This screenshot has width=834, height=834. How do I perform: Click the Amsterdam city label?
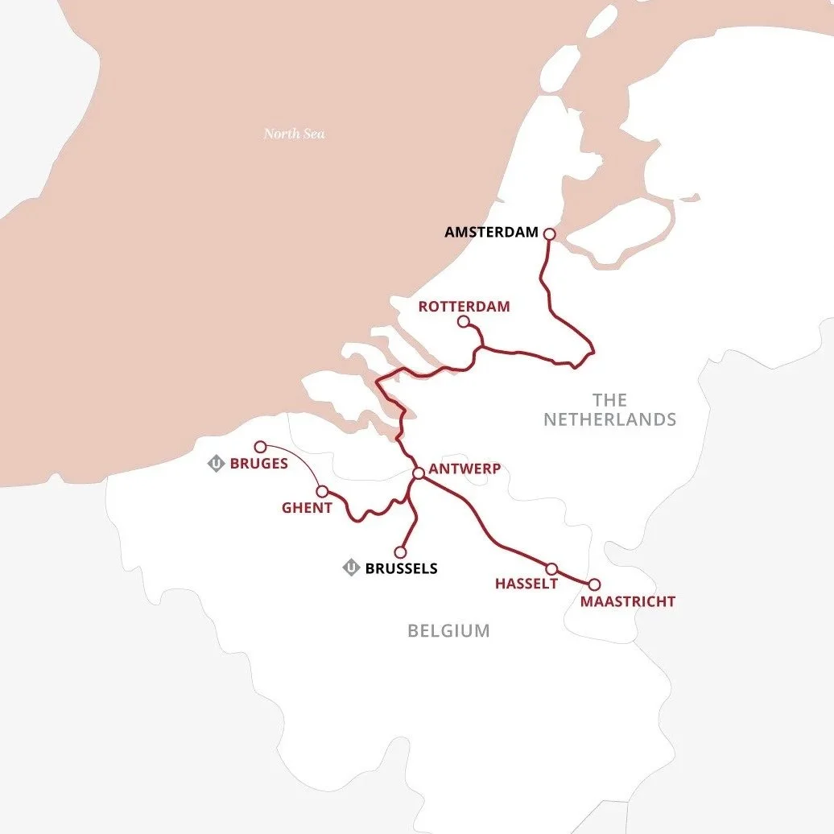point(490,233)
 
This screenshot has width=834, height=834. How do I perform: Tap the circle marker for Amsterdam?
point(550,234)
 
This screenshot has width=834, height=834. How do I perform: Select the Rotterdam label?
point(464,307)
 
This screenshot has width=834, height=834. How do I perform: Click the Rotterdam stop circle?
point(464,322)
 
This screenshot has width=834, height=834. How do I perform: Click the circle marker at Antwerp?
point(419,473)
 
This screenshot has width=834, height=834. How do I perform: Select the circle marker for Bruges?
point(260,447)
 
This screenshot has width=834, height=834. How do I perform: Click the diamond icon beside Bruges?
point(216,464)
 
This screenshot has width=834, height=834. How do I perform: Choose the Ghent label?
point(307,508)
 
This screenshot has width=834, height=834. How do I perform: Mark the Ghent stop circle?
point(322,491)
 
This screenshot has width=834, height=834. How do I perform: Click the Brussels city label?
point(401,568)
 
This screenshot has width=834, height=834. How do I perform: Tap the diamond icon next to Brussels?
point(351,568)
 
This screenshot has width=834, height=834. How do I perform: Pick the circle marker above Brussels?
point(400,552)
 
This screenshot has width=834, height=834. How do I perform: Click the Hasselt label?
point(526,584)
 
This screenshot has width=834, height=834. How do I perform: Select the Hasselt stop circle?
point(552,568)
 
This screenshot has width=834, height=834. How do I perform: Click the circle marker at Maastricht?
point(595,584)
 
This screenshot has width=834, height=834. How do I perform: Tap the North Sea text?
point(295,134)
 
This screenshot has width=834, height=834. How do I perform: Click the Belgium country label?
point(448,630)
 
